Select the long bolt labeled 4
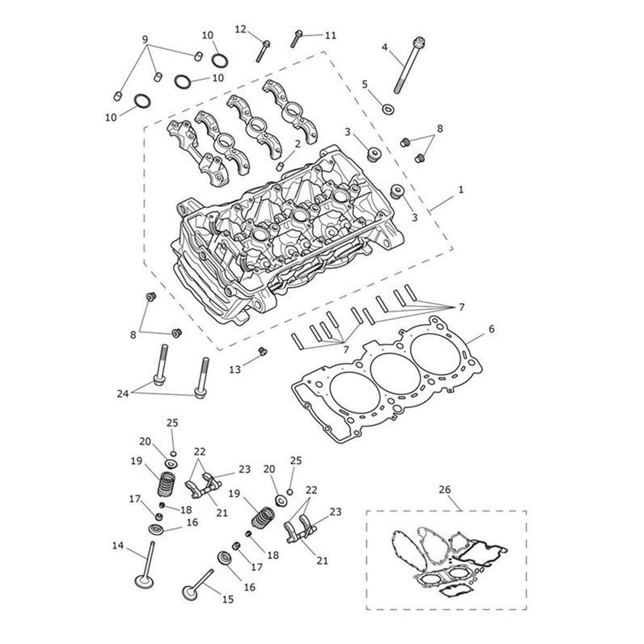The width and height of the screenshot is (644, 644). pos(408,65)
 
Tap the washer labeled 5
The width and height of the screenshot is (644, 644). pos(388,109)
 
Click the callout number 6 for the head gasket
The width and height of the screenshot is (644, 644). pos(491,329)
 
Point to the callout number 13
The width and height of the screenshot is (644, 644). pos(235,369)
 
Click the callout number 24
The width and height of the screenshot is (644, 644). pos(123,394)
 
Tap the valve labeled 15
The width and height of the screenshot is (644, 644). pos(197,587)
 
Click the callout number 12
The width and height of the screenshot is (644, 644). pos(240,30)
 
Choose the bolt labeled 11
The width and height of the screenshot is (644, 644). pos(296,39)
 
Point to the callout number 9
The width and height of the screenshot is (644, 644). pos(145,40)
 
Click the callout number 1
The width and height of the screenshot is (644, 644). pos(461,190)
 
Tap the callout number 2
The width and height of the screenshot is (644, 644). pos(297,144)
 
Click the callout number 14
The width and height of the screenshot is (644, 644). pos(118,546)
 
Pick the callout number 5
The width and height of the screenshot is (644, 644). pos(364,84)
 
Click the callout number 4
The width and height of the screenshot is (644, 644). pos(385,47)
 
